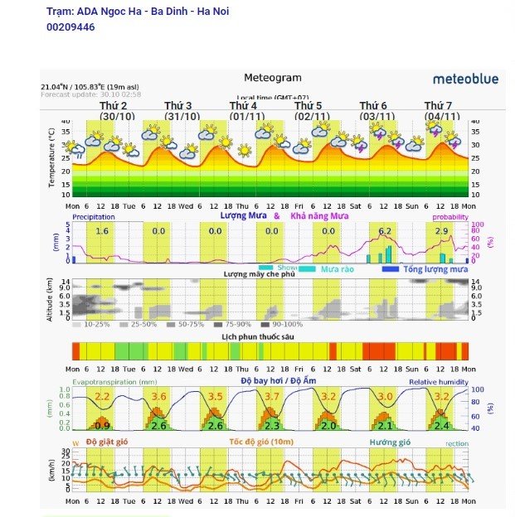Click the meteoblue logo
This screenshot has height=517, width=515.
point(465,79)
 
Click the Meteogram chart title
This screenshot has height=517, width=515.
point(273,78)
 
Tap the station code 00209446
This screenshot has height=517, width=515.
point(70,27)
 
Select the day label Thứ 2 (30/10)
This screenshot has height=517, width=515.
point(116,111)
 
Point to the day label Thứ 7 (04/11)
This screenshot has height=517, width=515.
point(440,111)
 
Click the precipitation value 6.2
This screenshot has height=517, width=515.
point(384,231)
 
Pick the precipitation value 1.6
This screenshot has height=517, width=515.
point(102,231)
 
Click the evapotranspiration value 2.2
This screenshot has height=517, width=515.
point(102,397)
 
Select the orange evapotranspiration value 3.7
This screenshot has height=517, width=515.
point(271,397)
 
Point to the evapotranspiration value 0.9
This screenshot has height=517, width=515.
point(102,426)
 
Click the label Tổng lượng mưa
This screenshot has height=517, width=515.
point(435,269)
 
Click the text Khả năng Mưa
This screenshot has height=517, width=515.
point(319,215)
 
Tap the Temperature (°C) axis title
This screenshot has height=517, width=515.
point(51,157)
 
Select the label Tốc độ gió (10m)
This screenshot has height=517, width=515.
point(261,442)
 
